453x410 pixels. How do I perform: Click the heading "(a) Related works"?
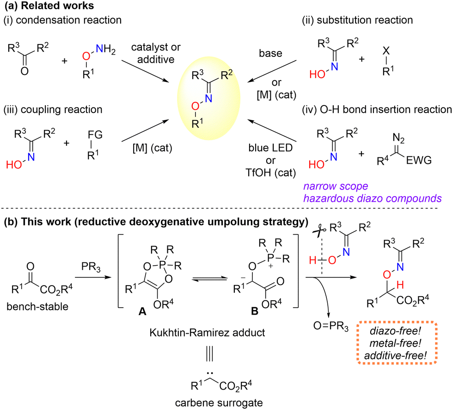45,7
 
